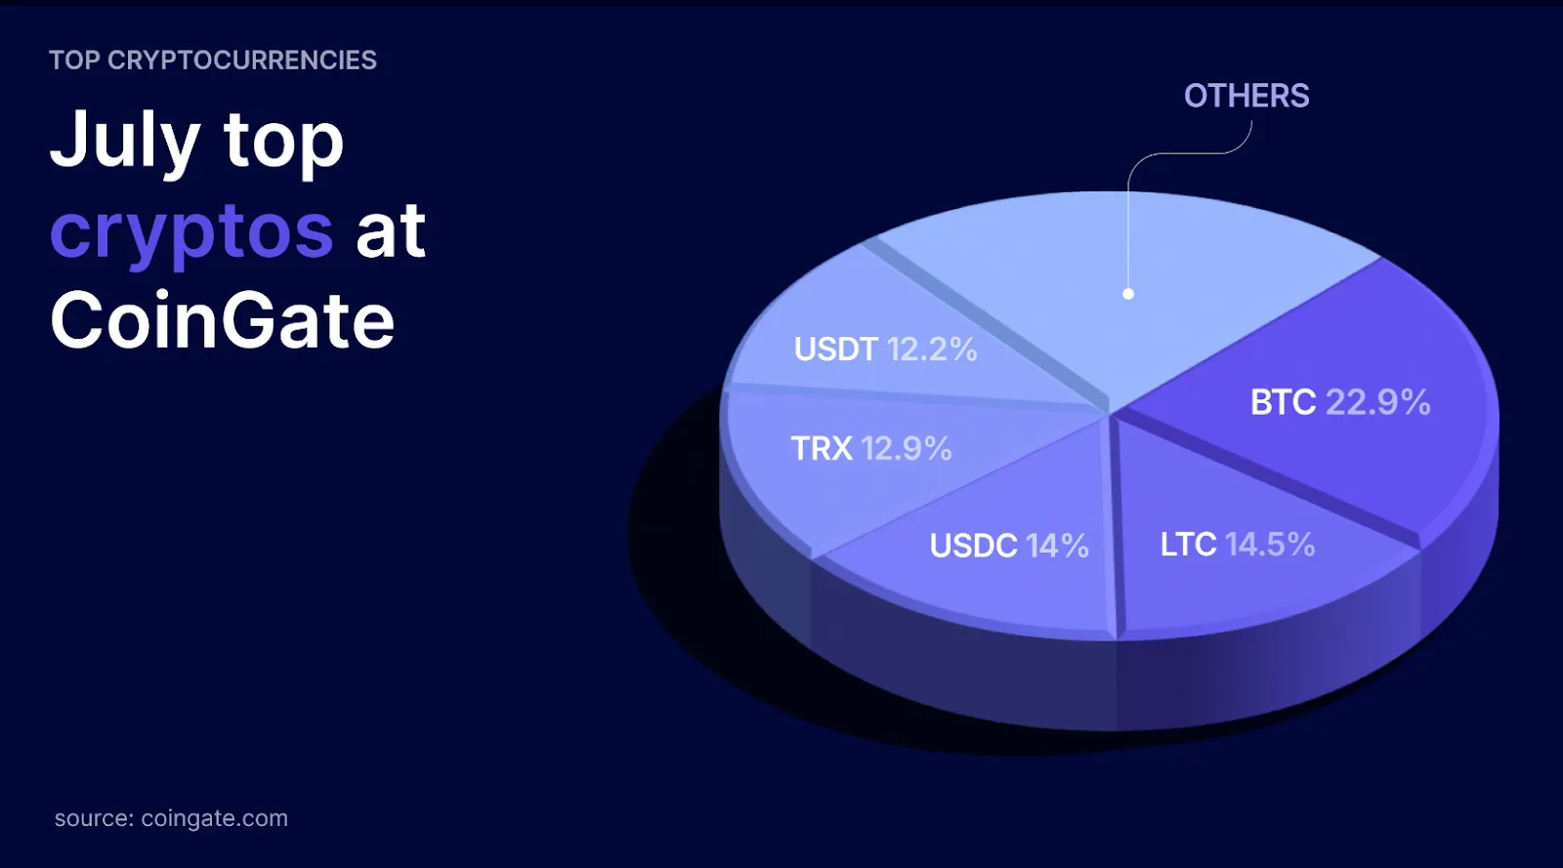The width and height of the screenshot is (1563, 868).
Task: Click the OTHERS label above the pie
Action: coord(1246,96)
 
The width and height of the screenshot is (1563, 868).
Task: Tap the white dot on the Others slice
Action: coord(1128,294)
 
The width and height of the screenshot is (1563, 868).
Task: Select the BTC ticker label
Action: coord(1283,402)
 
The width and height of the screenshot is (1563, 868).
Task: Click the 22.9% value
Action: coord(1378,402)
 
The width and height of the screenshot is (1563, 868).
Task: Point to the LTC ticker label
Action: coord(1188,545)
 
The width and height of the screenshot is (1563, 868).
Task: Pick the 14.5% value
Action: coord(1270,545)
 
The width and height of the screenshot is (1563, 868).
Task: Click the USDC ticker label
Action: coord(973,546)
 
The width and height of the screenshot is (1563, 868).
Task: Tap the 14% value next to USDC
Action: coord(1058,546)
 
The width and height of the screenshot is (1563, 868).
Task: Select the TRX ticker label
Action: coord(822,448)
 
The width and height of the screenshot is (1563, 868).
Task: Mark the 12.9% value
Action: coord(907,448)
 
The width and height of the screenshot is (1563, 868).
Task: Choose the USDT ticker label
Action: coord(836,350)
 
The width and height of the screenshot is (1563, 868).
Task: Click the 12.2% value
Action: coord(932,350)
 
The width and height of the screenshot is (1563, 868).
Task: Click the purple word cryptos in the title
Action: coord(191,233)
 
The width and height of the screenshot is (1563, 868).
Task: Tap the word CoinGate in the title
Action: coord(223,320)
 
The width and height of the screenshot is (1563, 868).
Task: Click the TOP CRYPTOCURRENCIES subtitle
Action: coord(213,60)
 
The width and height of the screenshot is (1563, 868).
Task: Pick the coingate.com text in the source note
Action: coord(214,818)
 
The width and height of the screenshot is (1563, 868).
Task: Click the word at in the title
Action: coord(391,230)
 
